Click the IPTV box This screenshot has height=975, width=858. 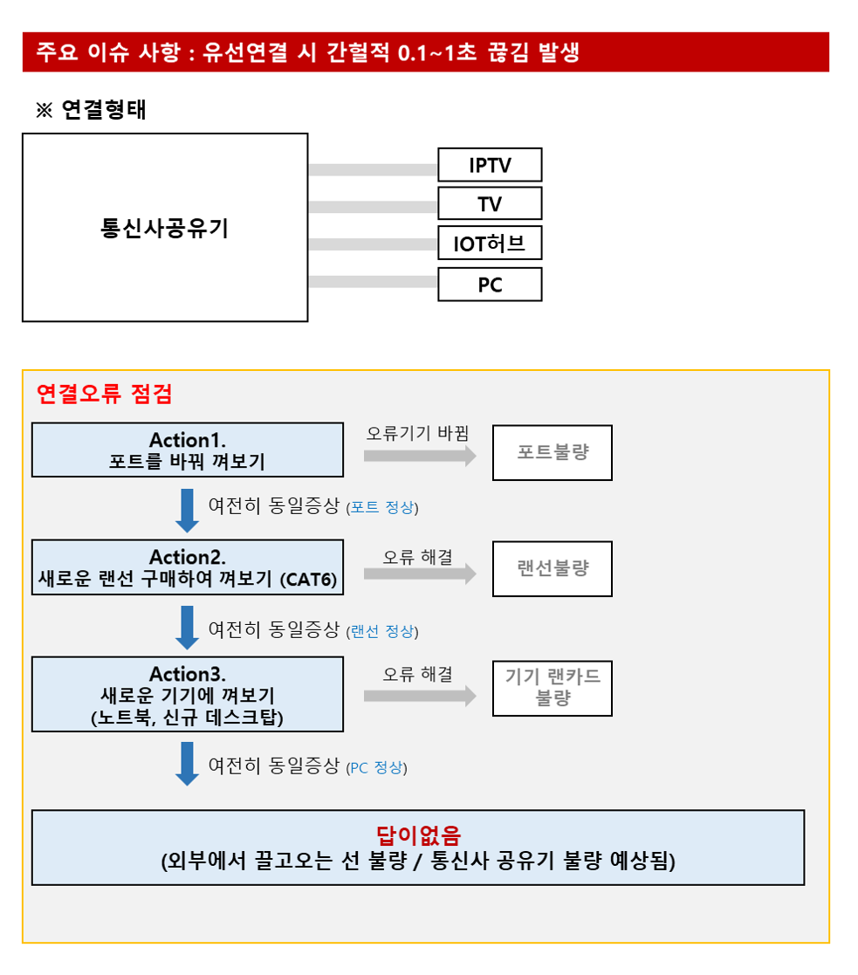[490, 165]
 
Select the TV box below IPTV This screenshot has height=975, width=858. [490, 203]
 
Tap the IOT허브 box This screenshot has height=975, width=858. [490, 243]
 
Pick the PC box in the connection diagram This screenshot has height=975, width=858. [490, 285]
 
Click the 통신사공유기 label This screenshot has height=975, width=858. [165, 228]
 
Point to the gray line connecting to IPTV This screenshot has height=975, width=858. [373, 169]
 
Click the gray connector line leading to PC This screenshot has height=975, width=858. [373, 282]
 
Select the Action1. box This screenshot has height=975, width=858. [187, 450]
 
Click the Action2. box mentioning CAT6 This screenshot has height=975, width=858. [187, 567]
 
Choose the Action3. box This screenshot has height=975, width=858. [187, 694]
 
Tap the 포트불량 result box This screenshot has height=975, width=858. [553, 453]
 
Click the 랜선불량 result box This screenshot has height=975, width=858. [553, 569]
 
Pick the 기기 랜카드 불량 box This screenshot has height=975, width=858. [553, 689]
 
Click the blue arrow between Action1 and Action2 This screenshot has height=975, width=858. [187, 511]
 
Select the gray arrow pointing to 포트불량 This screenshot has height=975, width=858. [420, 456]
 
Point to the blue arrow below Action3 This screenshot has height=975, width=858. [187, 764]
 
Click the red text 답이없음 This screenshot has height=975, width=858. [418, 835]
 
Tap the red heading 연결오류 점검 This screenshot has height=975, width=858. [105, 394]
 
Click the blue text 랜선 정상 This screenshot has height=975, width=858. [382, 632]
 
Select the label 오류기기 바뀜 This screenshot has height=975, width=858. [417, 433]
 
